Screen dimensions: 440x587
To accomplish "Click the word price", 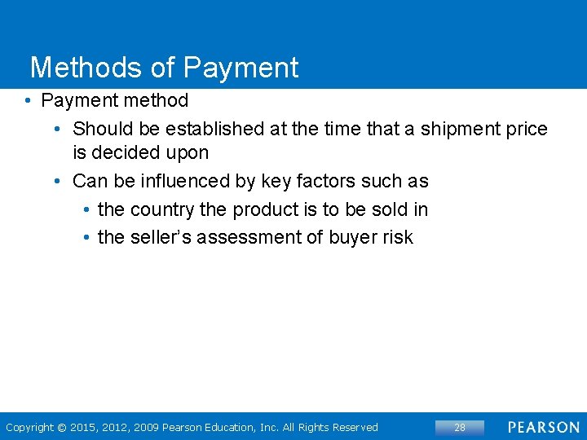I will click(x=527, y=129).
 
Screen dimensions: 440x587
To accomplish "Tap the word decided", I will click(x=127, y=152).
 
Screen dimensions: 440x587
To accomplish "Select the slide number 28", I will click(x=460, y=428).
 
